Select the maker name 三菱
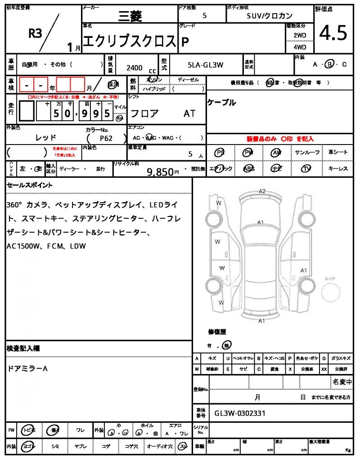[130, 17]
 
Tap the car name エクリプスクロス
[130, 41]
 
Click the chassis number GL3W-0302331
[240, 413]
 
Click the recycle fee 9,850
[161, 172]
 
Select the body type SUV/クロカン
[270, 16]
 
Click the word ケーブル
[221, 103]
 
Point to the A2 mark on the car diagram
[262, 191]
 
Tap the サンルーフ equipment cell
[308, 153]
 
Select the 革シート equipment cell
[338, 153]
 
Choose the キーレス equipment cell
[338, 168]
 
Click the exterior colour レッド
[46, 137]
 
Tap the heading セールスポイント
[30, 185]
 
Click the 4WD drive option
[300, 47]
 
